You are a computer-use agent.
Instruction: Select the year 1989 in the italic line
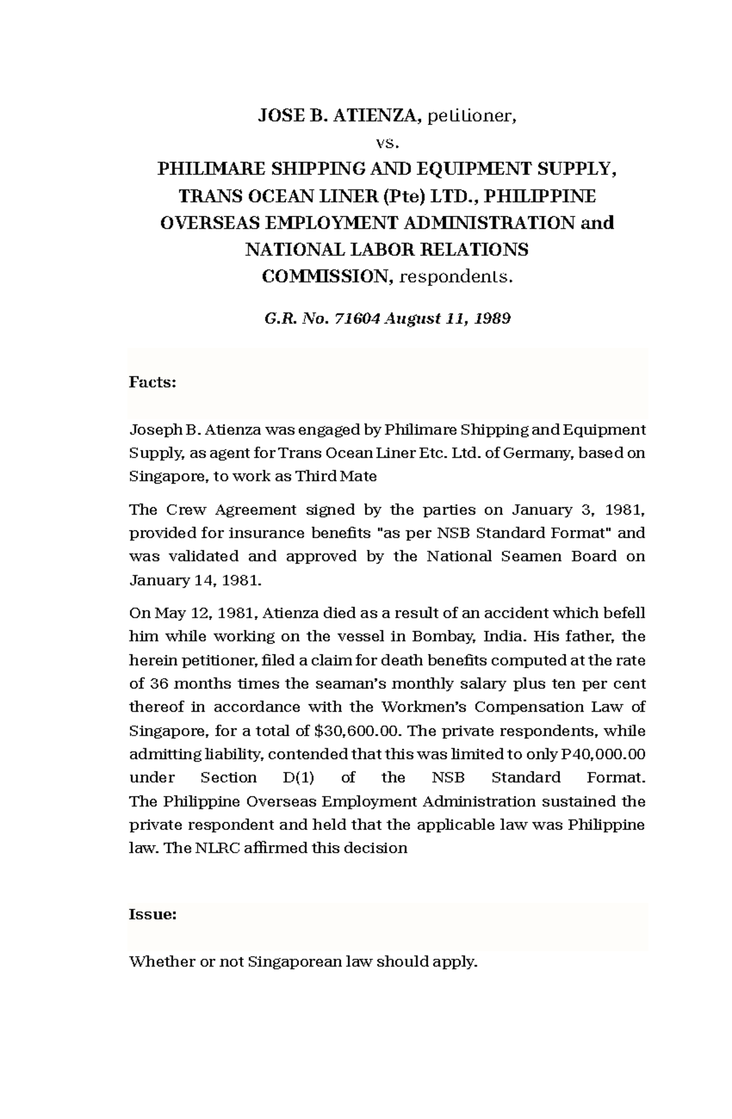492,318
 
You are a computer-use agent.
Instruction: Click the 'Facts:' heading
152,382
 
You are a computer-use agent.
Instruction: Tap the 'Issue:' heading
153,915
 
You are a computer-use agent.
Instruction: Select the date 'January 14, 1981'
195,580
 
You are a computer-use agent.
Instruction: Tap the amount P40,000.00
602,754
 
